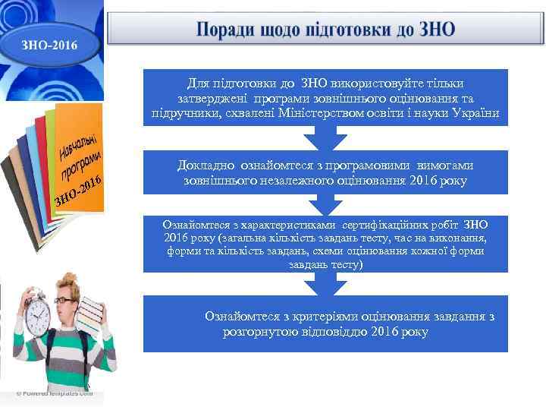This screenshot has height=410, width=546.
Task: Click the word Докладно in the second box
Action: pyautogui.click(x=206, y=165)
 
